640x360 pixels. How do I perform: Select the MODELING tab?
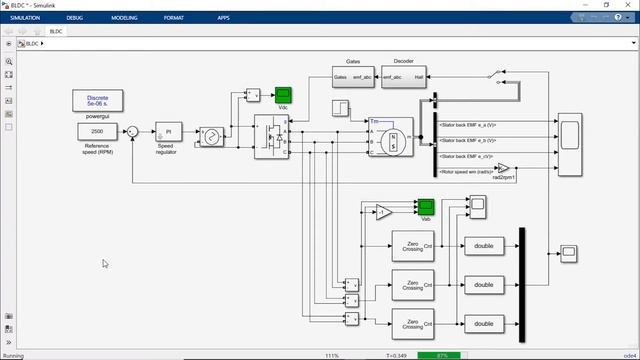point(125,18)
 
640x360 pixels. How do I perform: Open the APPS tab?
point(223,18)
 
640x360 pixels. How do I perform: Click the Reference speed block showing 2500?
point(97,132)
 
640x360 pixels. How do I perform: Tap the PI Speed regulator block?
point(168,132)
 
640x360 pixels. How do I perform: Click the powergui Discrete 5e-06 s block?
point(97,101)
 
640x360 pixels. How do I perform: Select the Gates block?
point(352,76)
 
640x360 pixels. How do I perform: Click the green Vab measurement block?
point(426,206)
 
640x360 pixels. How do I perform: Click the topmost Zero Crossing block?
point(413,247)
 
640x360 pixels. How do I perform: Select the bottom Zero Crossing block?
point(413,323)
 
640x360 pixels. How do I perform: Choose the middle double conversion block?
point(484,285)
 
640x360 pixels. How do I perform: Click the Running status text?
point(13,355)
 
